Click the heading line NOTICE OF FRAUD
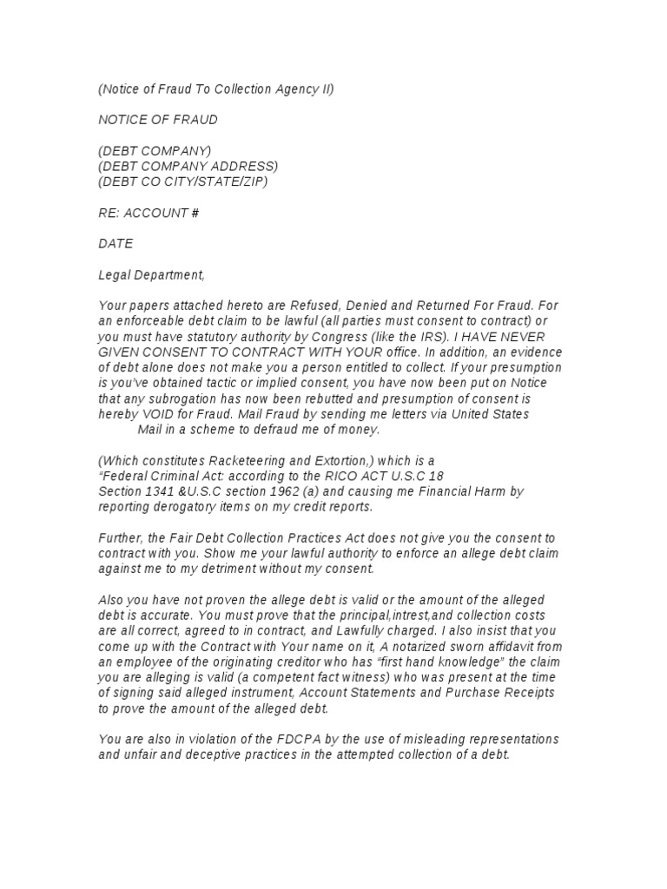pos(158,119)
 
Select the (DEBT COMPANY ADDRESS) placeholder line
pos(188,166)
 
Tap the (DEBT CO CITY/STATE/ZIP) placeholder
pos(183,181)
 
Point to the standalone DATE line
pos(116,244)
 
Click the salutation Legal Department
pos(152,275)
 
